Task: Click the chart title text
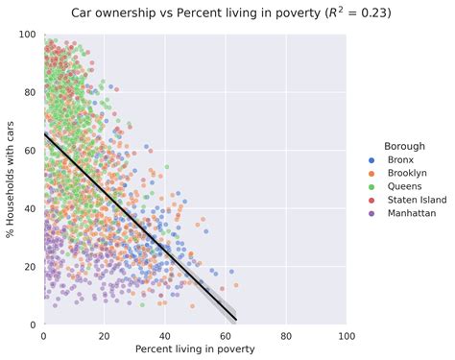click(227, 13)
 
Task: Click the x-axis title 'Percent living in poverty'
click(195, 349)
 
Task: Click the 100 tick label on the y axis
click(28, 35)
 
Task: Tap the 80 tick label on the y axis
click(31, 93)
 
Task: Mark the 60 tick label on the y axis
click(31, 151)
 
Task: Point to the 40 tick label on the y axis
click(31, 208)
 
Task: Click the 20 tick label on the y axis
click(31, 267)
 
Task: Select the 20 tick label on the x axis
click(104, 336)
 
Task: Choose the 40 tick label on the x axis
click(164, 336)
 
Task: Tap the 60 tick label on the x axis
click(226, 336)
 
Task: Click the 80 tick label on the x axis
click(286, 336)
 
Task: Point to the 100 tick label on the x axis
click(347, 336)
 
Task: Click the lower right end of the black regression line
click(235, 319)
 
